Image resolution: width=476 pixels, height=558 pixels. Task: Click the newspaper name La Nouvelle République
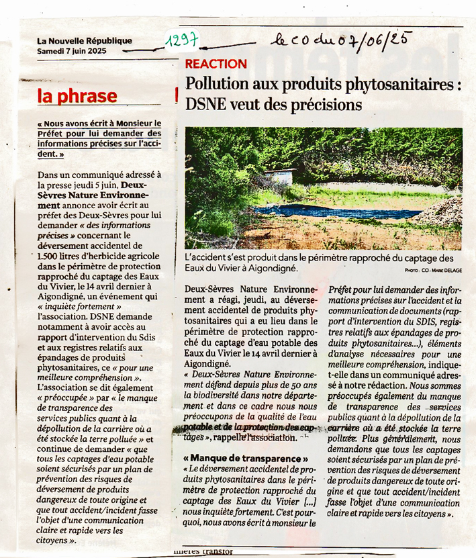click(85, 41)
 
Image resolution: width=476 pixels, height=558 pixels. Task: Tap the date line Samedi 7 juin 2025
click(72, 50)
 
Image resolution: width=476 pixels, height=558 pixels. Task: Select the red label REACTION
click(216, 64)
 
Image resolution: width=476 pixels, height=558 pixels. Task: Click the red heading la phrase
click(77, 96)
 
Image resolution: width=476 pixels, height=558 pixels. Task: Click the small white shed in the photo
click(279, 177)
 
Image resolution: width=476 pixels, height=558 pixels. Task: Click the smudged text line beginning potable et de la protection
click(244, 428)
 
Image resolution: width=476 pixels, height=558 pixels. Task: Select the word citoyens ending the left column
click(53, 540)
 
